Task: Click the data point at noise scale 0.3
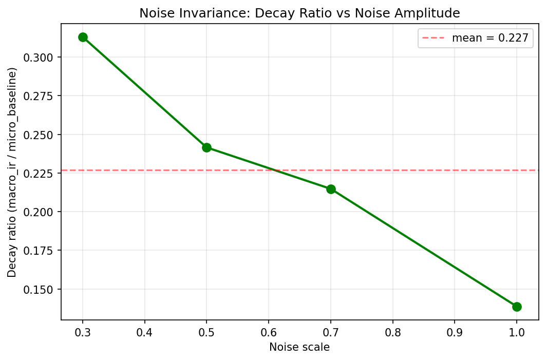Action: click(83, 37)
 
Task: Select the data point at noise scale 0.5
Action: click(206, 147)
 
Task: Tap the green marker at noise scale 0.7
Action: click(331, 189)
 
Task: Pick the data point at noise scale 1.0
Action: click(517, 307)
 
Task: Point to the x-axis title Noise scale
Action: click(299, 347)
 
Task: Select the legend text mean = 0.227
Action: click(490, 38)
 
